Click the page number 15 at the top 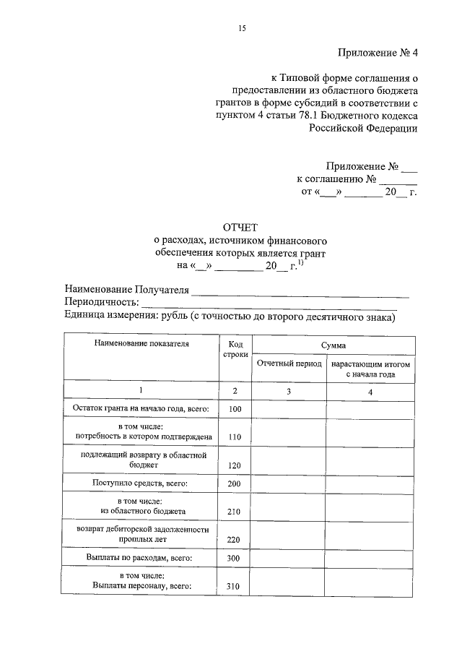(243, 28)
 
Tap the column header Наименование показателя (141, 344)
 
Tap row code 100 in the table (234, 410)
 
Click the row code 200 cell (234, 483)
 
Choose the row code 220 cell (234, 539)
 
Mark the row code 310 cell (234, 586)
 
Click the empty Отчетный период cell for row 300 (288, 558)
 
